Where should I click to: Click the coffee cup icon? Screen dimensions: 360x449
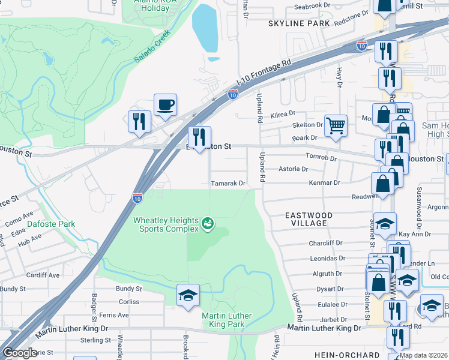(x=165, y=105)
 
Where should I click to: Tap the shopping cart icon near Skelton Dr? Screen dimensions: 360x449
(x=336, y=125)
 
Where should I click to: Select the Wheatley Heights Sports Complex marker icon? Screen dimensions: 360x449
(x=208, y=224)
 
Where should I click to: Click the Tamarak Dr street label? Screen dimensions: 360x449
(x=228, y=184)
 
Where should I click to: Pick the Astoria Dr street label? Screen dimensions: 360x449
(x=294, y=169)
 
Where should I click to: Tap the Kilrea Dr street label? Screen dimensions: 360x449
(x=283, y=113)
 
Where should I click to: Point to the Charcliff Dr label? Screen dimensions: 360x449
(x=325, y=244)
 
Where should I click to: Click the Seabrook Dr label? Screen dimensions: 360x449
(x=312, y=6)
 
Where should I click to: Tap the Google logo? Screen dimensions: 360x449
(x=20, y=353)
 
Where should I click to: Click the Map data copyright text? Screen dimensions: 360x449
(x=423, y=355)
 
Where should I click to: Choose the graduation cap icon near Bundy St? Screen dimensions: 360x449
(x=187, y=296)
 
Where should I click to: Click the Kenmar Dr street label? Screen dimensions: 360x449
(x=324, y=182)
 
